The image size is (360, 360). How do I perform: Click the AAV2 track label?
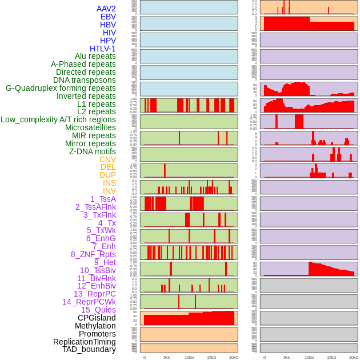pos(106,9)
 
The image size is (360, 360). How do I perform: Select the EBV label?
pos(108,17)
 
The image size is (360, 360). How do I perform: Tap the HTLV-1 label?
pos(102,49)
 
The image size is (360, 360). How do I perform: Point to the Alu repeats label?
pos(95,57)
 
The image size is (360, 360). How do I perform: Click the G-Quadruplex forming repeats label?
pos(61,88)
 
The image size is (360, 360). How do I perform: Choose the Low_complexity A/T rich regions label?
pos(58,119)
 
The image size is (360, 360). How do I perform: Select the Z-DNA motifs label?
pos(93,151)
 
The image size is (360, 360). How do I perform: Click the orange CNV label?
pos(107,159)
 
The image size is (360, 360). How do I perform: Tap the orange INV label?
pos(109,191)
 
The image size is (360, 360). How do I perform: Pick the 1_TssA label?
pos(103,199)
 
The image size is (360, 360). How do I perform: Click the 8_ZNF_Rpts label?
pos(93,254)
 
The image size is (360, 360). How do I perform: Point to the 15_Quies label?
pos(98,310)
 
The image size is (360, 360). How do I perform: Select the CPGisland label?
pos(97,318)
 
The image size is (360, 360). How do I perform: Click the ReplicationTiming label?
pos(85,342)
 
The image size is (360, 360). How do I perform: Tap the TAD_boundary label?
pos(89,349)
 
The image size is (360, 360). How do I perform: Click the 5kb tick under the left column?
pos(167,357)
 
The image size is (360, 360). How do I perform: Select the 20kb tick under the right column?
pos(354,357)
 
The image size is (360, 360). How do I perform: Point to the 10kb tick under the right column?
pos(309,357)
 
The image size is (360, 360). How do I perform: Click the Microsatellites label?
pos(90,127)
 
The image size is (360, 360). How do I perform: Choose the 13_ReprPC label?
pos(94,294)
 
